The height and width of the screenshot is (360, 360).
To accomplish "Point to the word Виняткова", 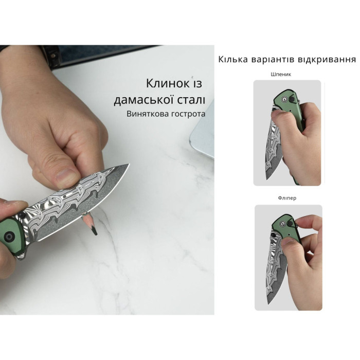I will (147, 114).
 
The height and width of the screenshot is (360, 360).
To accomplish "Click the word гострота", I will (188, 114).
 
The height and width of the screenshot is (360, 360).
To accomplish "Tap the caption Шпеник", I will (281, 75).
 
